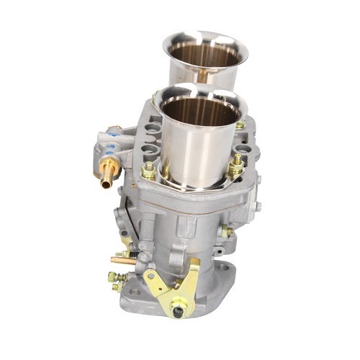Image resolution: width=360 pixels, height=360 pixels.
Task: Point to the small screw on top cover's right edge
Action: [x=257, y=206]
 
